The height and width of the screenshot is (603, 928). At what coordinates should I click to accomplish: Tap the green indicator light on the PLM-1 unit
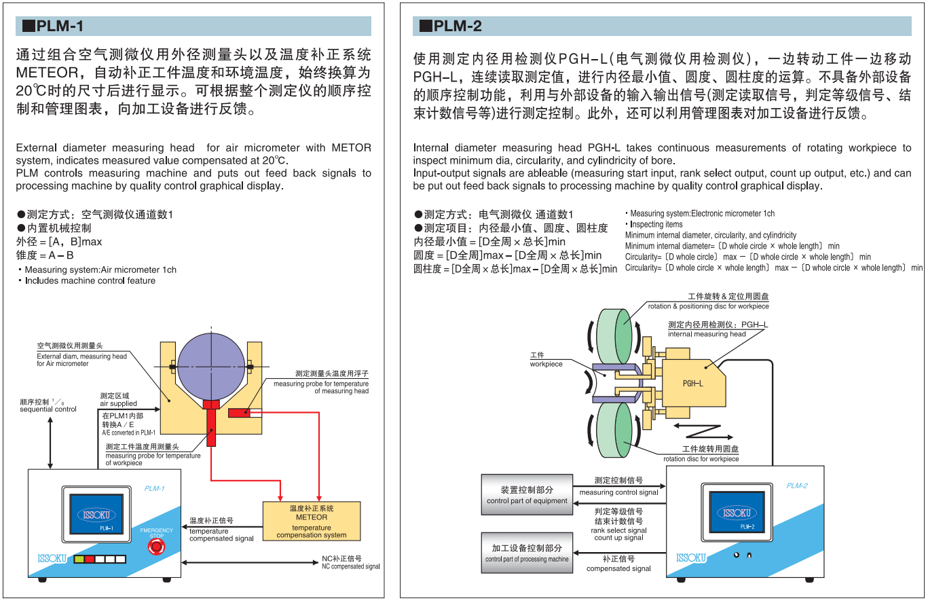pyautogui.click(x=79, y=559)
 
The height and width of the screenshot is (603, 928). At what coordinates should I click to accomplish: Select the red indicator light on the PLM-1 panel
pyautogui.click(x=89, y=559)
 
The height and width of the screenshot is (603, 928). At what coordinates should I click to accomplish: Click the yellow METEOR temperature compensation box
pyautogui.click(x=312, y=521)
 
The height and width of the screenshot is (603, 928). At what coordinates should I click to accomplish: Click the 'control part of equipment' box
pyautogui.click(x=527, y=494)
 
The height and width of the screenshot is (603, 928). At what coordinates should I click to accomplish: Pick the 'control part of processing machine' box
pyautogui.click(x=527, y=553)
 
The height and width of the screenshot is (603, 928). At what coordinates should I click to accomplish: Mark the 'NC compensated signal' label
pyautogui.click(x=350, y=562)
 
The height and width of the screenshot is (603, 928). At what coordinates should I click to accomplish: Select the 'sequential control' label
pyautogui.click(x=48, y=409)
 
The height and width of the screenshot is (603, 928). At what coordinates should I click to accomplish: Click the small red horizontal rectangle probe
pyautogui.click(x=241, y=413)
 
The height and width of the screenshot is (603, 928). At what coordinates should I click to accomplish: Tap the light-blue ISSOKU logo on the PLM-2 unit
pyautogui.click(x=691, y=558)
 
